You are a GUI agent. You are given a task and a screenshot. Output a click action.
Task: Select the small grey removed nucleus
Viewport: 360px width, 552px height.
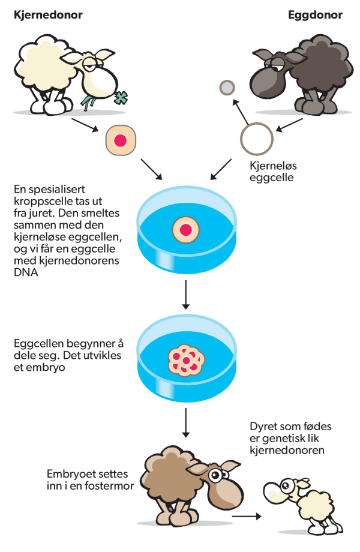(x=227, y=88)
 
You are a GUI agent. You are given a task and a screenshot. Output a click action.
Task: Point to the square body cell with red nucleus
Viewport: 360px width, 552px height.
(x=119, y=140)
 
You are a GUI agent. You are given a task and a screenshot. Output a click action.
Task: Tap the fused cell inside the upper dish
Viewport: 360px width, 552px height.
(x=185, y=229)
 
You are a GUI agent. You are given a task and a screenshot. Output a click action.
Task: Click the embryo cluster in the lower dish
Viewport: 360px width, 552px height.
(x=185, y=360)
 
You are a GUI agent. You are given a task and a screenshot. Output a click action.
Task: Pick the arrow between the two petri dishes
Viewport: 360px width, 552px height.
(x=185, y=295)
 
